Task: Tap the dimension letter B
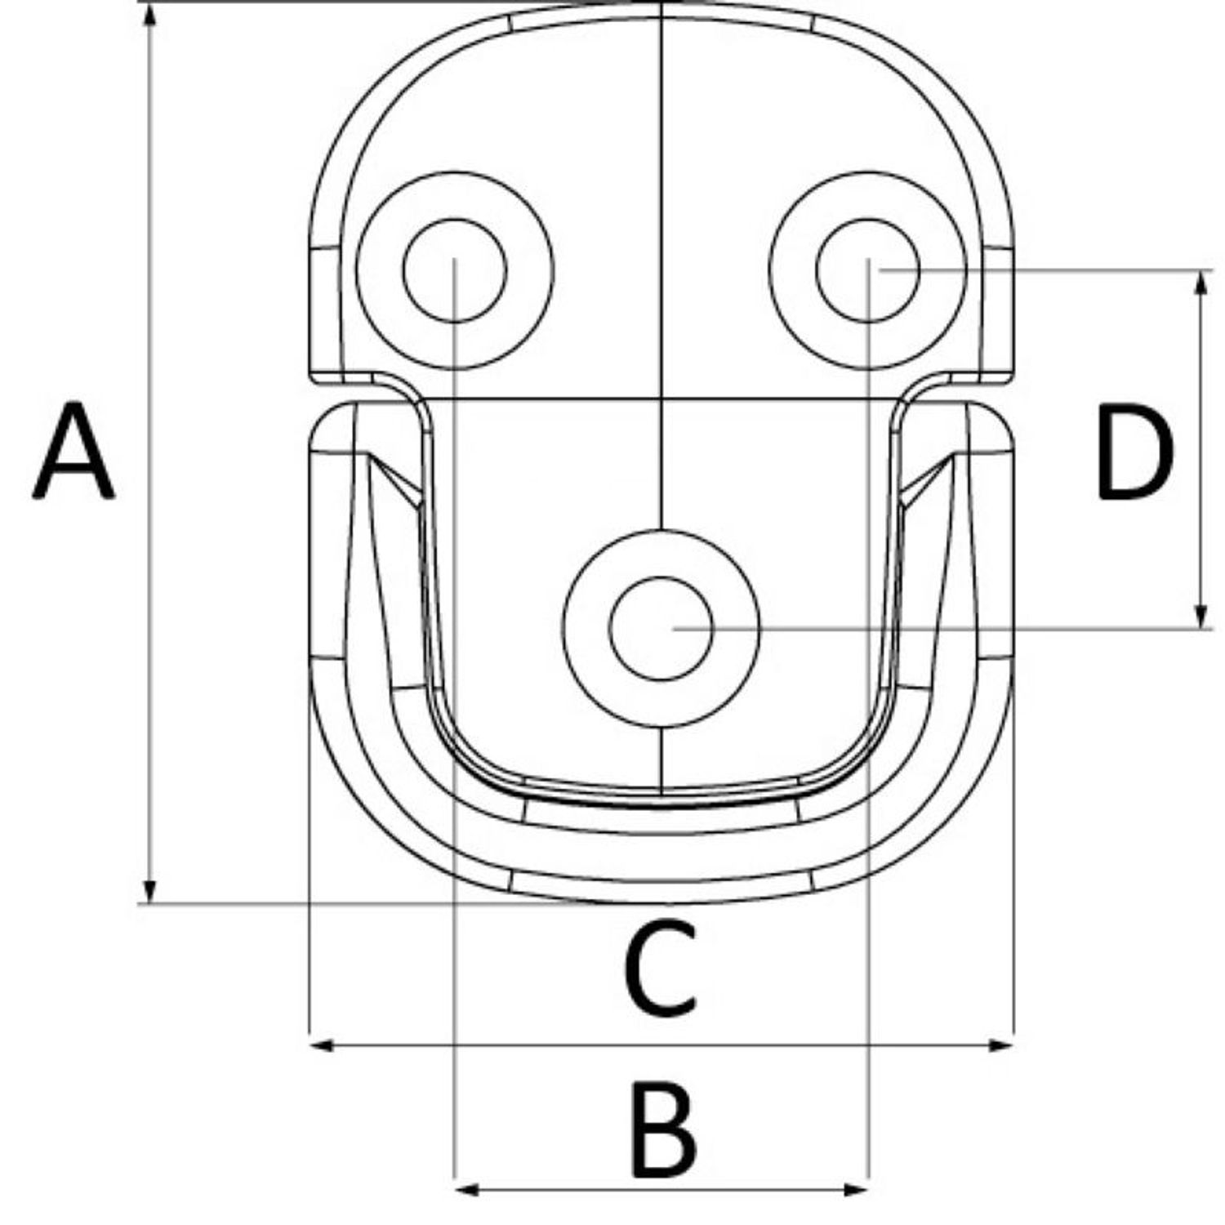663,1129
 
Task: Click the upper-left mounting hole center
455,270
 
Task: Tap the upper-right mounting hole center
868,270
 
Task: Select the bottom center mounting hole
661,628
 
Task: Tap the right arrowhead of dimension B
855,1189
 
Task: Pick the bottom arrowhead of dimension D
1200,616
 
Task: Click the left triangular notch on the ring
394,481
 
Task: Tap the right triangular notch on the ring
927,481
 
